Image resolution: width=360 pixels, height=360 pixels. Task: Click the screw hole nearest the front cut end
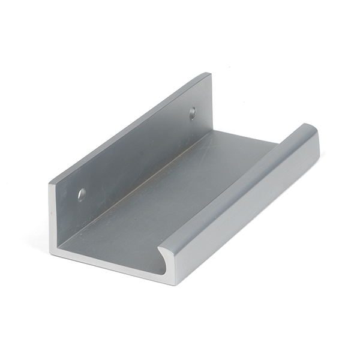click(x=82, y=194)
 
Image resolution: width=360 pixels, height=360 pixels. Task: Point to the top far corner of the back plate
click(x=210, y=74)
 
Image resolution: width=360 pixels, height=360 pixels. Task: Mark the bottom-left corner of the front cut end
click(x=50, y=239)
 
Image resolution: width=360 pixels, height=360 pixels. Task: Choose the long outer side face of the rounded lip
click(x=252, y=207)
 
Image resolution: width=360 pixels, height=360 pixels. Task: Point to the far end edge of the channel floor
click(x=246, y=137)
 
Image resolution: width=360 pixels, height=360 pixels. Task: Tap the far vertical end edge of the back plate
click(x=212, y=102)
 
